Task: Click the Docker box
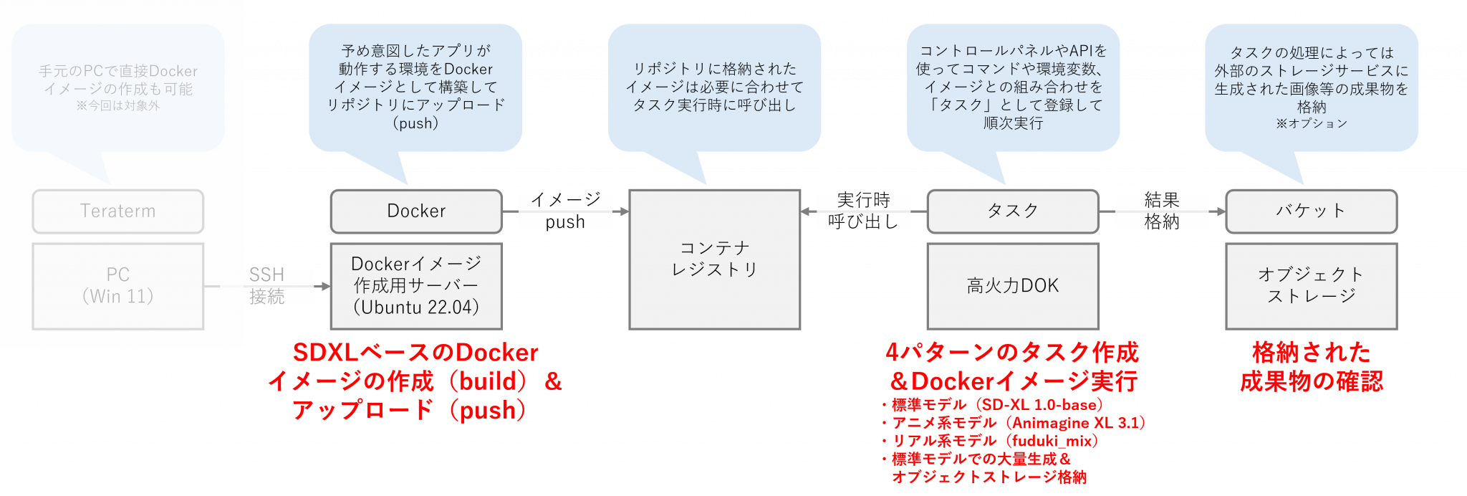click(416, 211)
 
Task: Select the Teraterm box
click(118, 211)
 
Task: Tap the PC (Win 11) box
click(118, 285)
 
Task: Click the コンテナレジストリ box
click(714, 259)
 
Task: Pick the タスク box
click(1013, 211)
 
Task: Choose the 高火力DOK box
click(1013, 285)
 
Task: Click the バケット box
click(1311, 211)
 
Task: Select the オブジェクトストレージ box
click(1311, 285)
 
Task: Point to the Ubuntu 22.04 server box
click(416, 285)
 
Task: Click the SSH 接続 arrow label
click(267, 285)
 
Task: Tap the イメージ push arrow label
click(565, 211)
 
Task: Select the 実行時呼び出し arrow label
click(863, 211)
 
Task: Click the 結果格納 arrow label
click(1162, 211)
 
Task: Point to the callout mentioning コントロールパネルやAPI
click(1013, 87)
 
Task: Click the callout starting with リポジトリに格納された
click(714, 87)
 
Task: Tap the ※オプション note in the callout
click(1311, 123)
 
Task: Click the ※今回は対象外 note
click(118, 105)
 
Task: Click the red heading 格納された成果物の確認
click(1311, 366)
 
